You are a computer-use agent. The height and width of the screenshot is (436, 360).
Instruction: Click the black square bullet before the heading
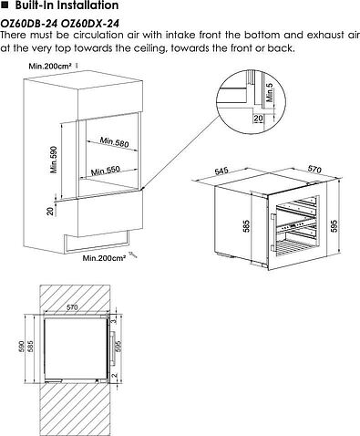pyautogui.click(x=5, y=5)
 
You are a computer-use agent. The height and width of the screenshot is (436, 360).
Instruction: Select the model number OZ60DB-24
pyautogui.click(x=29, y=24)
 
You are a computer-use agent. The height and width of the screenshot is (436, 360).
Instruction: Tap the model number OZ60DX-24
pyautogui.click(x=90, y=24)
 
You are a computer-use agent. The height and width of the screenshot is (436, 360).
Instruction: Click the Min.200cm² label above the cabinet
pyautogui.click(x=50, y=66)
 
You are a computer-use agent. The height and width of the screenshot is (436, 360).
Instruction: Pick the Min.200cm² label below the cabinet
pyautogui.click(x=105, y=258)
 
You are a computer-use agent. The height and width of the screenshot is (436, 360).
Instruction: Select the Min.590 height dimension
pyautogui.click(x=54, y=160)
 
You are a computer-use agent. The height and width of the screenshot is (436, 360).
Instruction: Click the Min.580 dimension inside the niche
pyautogui.click(x=114, y=141)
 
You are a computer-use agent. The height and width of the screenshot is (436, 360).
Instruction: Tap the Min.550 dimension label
pyautogui.click(x=106, y=171)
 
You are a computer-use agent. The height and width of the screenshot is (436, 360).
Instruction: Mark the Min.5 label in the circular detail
pyautogui.click(x=270, y=92)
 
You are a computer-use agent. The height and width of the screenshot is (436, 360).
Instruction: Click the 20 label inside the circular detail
pyautogui.click(x=258, y=118)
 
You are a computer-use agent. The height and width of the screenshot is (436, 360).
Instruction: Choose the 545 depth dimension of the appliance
pyautogui.click(x=221, y=171)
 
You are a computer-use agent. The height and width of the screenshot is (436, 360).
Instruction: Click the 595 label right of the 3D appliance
pyautogui.click(x=334, y=225)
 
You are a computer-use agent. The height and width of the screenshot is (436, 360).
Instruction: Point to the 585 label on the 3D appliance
pyautogui.click(x=246, y=226)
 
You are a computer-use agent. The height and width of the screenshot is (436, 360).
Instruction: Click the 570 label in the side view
pyautogui.click(x=72, y=307)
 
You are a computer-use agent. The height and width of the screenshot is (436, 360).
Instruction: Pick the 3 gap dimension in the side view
pyautogui.click(x=114, y=321)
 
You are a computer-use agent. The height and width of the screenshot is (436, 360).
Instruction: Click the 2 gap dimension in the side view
pyautogui.click(x=114, y=376)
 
